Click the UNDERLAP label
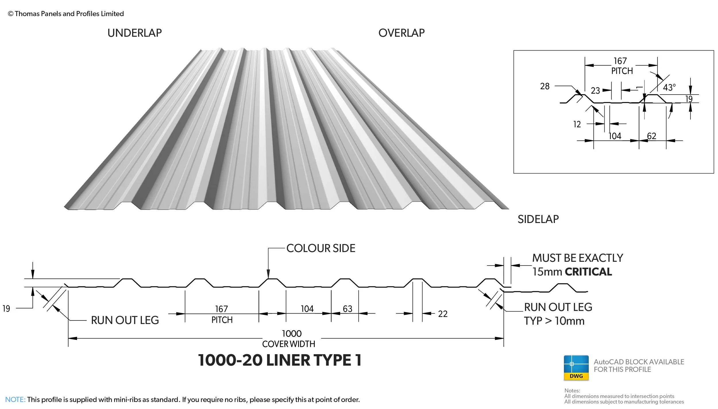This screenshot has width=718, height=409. coord(134,33)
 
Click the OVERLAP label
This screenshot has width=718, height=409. coord(401,33)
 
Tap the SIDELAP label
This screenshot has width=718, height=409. coord(538,219)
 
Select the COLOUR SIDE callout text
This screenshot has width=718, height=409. coord(321,248)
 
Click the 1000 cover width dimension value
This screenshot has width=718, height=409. coord(292,334)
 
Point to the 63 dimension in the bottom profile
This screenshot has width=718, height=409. coord(347,309)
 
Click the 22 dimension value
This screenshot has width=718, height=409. coord(443,314)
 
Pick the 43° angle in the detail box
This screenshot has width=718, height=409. coord(669,87)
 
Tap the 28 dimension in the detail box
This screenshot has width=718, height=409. coord(545,86)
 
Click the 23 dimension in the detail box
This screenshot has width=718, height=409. coord(595,91)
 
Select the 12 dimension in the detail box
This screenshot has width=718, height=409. coord(577,124)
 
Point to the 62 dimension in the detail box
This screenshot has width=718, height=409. coord(651,136)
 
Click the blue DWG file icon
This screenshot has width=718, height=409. coord(576,368)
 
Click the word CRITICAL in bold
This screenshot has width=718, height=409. coord(588,272)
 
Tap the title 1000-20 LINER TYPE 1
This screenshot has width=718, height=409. coord(279,360)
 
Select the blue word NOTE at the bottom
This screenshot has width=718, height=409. coord(15,400)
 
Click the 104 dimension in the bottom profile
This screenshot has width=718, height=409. coord(307,309)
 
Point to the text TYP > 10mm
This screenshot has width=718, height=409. coord(554,321)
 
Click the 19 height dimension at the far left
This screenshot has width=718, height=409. coord(6,309)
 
